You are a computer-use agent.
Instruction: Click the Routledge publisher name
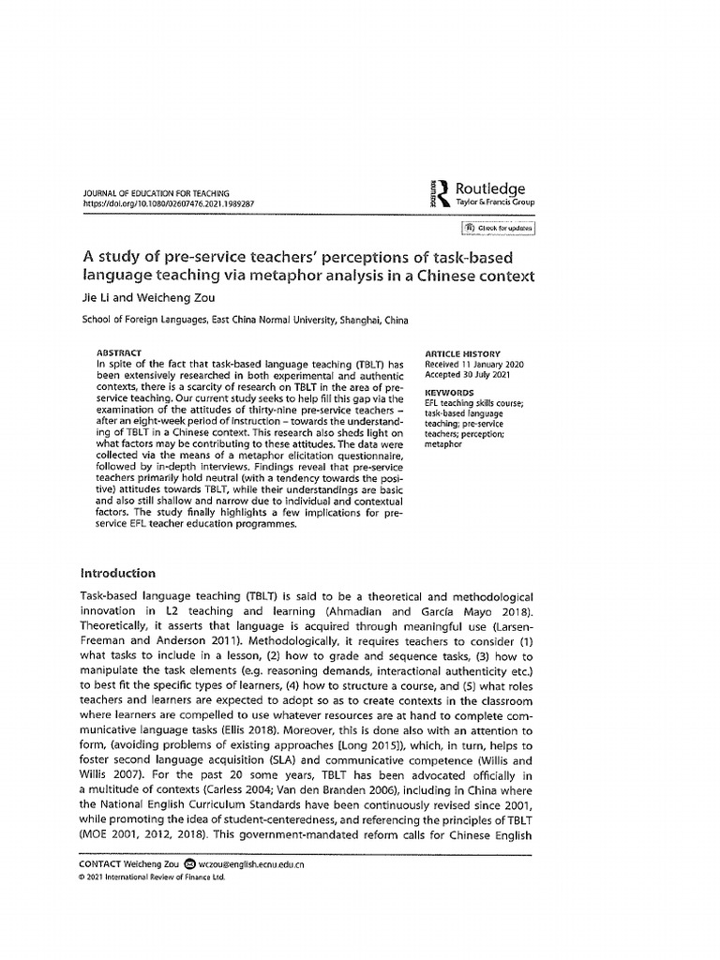[x=490, y=188]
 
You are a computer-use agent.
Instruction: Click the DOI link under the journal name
[x=169, y=202]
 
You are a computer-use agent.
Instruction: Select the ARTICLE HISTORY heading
[x=463, y=352]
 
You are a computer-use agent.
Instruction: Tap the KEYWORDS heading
[x=449, y=393]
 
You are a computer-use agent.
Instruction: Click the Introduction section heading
[x=117, y=573]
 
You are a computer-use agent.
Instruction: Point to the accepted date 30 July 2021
[x=484, y=374]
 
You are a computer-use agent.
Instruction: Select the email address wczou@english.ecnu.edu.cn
[x=250, y=864]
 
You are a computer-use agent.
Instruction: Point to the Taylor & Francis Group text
[x=495, y=202]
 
